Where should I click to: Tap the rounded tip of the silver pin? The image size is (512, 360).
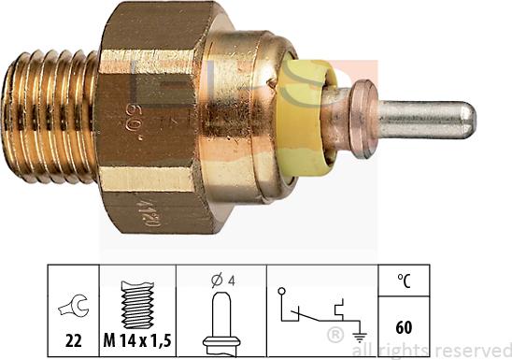pos(467,117)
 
